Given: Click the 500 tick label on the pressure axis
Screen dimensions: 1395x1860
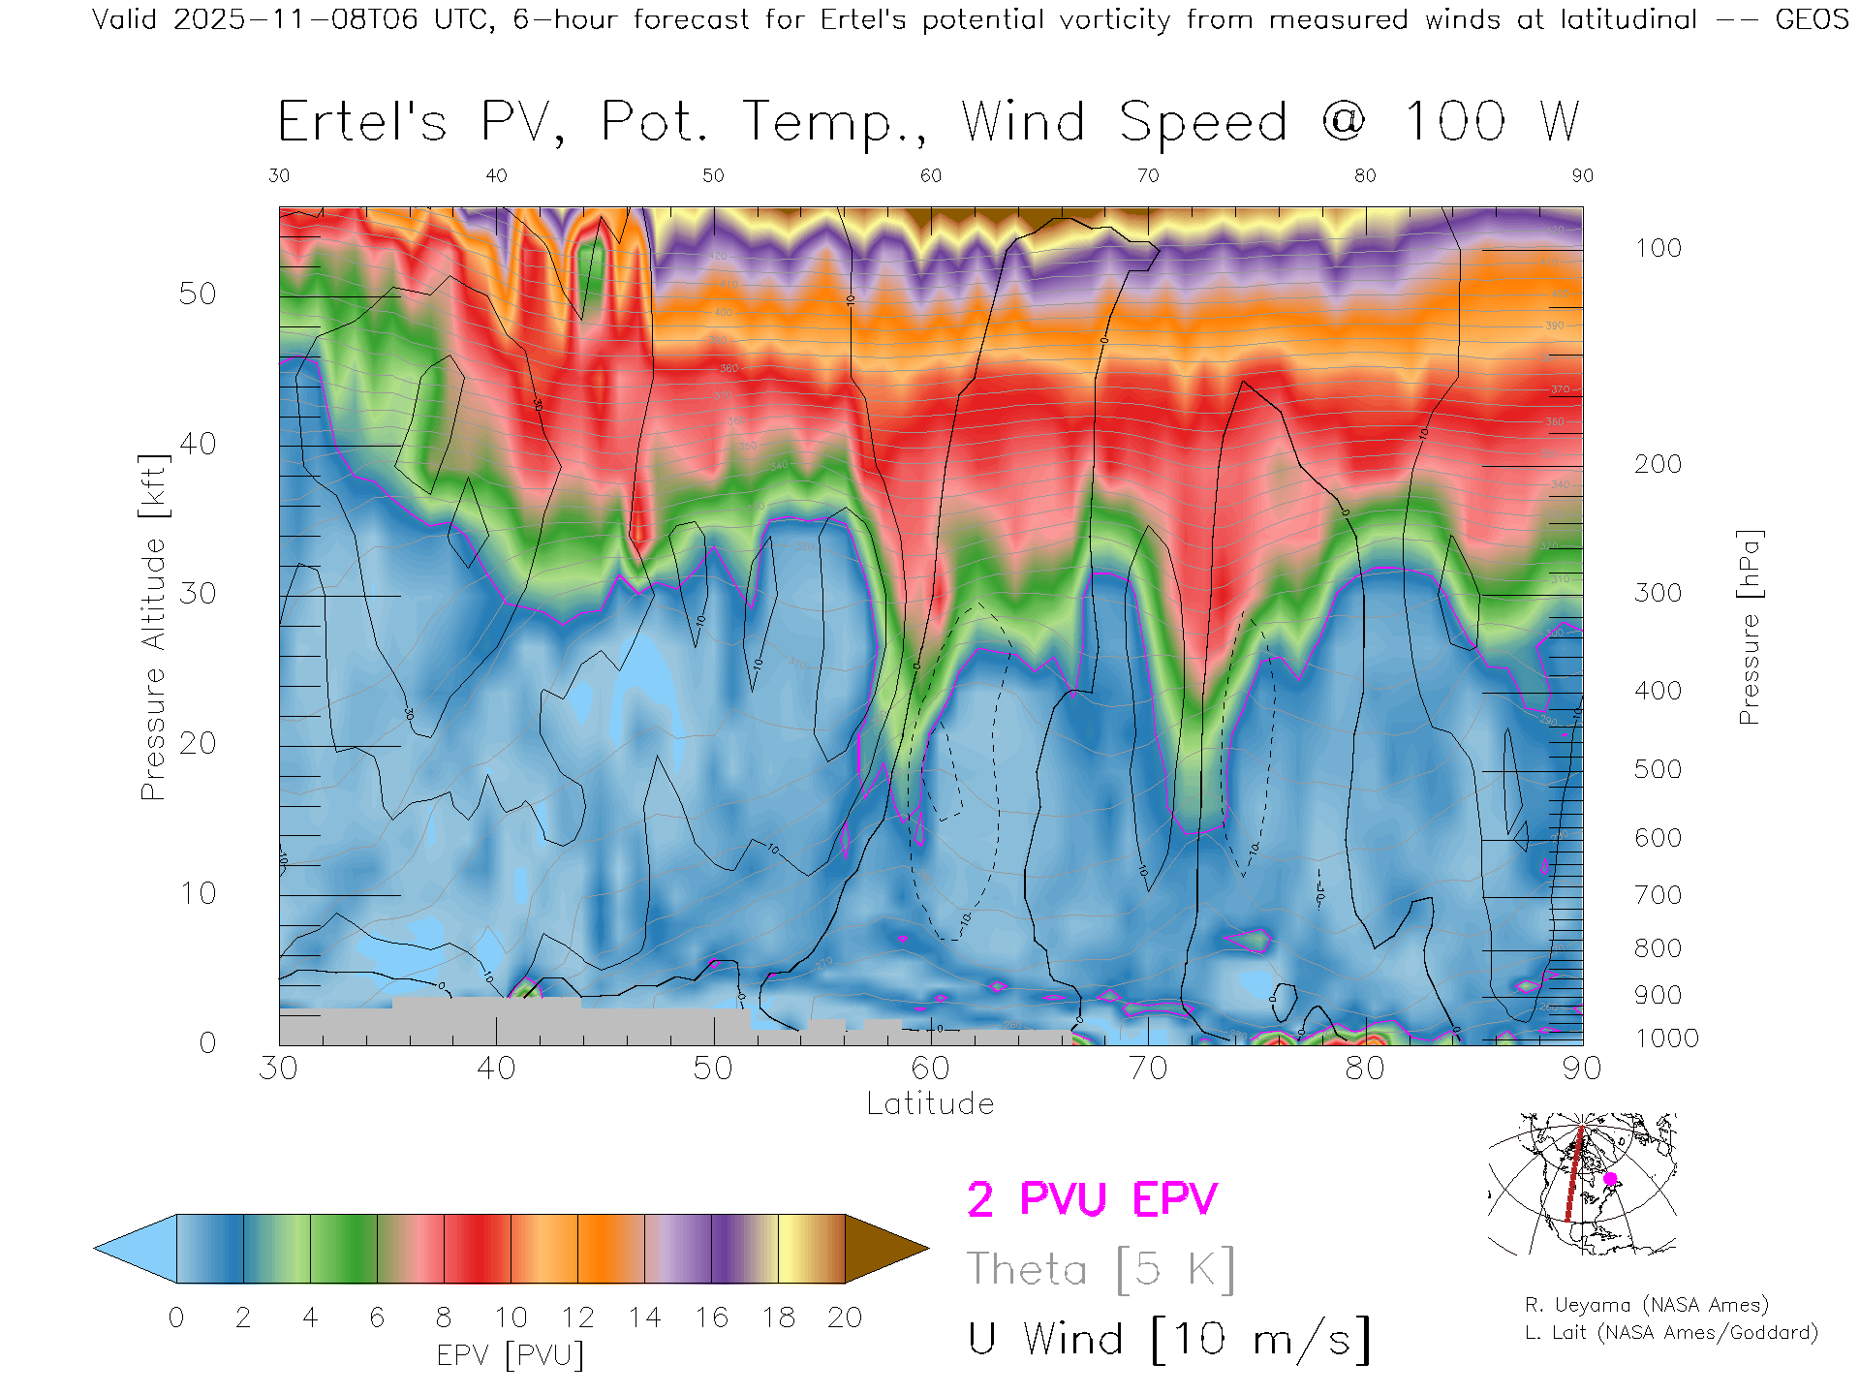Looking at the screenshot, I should [1658, 769].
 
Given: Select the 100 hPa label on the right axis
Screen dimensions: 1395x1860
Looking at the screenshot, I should [1658, 248].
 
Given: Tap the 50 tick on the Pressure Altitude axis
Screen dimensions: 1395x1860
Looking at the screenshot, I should [197, 294].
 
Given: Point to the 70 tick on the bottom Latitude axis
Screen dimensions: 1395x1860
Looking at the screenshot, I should [1148, 1069].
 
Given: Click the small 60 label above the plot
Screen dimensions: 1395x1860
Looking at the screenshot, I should [930, 175].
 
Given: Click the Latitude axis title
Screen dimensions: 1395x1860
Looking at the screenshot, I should [930, 1103].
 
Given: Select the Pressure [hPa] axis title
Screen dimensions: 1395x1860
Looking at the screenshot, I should [1749, 627].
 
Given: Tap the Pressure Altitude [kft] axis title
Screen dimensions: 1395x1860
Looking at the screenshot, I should [153, 627].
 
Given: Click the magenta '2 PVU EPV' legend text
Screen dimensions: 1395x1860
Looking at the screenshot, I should [1092, 1199].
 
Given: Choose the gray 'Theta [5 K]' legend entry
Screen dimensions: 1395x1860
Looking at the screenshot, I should [1100, 1269].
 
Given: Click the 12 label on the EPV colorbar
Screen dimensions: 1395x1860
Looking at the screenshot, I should [577, 1317].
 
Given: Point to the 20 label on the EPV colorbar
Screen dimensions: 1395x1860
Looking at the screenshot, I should [845, 1317].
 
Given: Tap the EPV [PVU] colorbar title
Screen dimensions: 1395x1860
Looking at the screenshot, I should [511, 1355].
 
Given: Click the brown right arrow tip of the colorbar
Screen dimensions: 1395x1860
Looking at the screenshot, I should [886, 1249].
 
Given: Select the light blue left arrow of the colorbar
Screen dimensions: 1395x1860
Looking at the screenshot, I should [136, 1249].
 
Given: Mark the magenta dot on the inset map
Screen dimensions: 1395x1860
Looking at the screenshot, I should [1610, 1179].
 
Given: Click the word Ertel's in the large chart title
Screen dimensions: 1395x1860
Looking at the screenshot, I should [362, 123].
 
